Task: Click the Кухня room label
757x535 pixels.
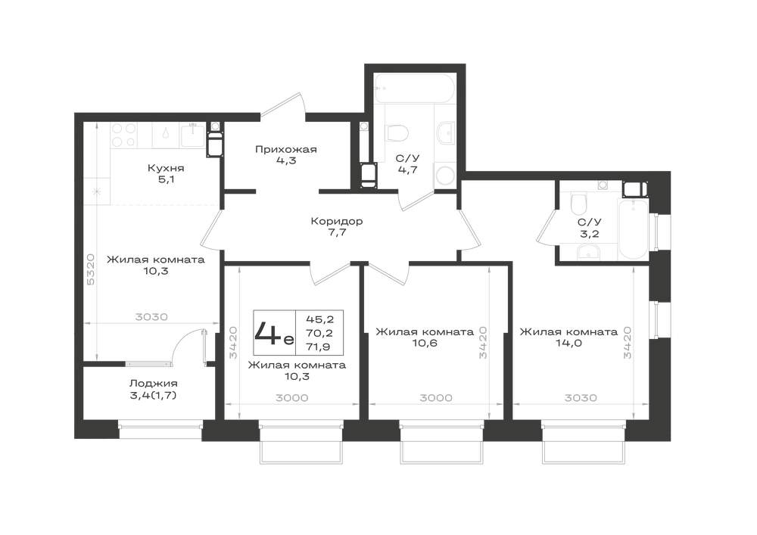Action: pos(166,168)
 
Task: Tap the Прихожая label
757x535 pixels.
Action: pos(286,150)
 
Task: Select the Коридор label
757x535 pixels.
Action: pos(337,222)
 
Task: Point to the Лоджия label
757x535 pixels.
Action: pos(154,384)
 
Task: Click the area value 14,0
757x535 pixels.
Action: pos(569,344)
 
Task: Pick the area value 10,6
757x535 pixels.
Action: pos(425,344)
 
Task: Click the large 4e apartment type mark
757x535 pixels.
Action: pos(273,332)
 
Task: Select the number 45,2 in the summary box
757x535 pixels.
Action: pos(319,319)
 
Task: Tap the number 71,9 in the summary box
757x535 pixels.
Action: pos(319,347)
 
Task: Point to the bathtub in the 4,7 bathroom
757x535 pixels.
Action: pos(413,89)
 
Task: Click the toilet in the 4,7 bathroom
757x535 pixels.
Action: pos(397,132)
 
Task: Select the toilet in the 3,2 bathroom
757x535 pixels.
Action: pos(578,203)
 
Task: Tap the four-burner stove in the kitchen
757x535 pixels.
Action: pos(124,135)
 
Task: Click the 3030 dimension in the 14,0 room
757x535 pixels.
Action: pos(581,398)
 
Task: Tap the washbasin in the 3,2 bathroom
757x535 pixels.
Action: pos(587,253)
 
